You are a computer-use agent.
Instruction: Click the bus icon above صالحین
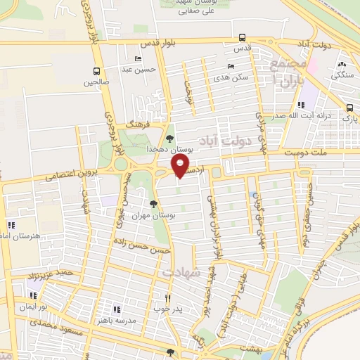tap(97, 71)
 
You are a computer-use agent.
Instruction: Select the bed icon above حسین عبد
tap(138, 58)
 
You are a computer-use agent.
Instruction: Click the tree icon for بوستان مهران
tap(154, 204)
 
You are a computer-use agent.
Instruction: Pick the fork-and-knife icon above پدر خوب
tap(167, 297)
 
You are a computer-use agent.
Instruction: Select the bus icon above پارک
tap(349, 108)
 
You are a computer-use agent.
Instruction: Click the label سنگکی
tap(342, 74)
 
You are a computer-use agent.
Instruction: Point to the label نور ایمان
tap(32, 307)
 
